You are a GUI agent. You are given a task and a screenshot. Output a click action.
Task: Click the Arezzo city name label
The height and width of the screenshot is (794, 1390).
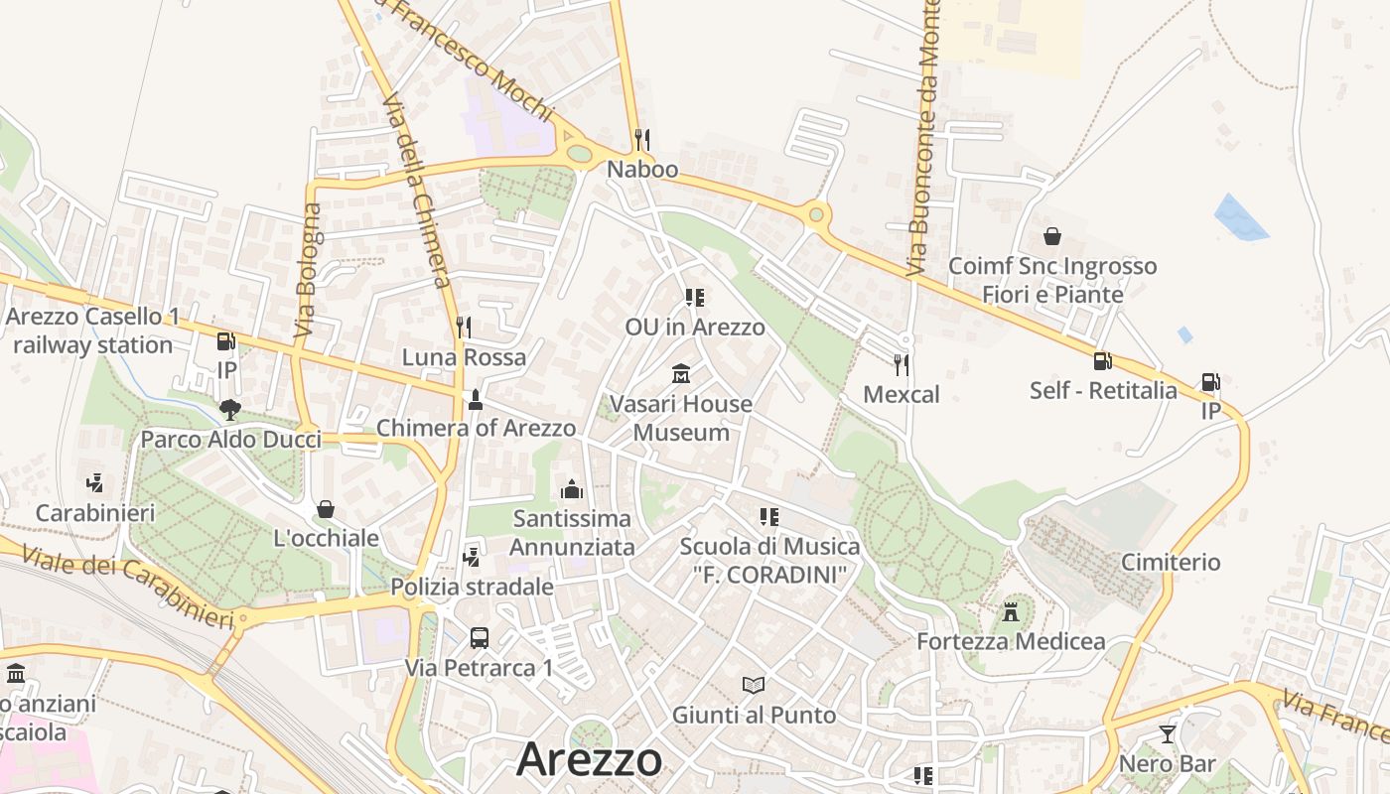[x=589, y=759]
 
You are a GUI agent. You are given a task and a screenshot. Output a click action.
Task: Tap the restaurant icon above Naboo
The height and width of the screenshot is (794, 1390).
[x=642, y=139]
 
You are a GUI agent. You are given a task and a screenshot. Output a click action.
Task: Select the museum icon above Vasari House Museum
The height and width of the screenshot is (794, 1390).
[x=681, y=374]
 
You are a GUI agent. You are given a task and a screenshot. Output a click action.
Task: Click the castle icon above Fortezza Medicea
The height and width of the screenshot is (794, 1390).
[x=1011, y=611]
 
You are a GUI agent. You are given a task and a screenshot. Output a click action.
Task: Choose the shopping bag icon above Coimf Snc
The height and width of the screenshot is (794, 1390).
[x=1052, y=236]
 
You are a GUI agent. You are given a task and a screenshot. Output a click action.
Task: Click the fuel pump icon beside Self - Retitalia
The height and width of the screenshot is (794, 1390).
[x=1102, y=361]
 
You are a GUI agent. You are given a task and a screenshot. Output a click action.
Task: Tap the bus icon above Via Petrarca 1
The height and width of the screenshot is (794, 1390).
[x=479, y=637]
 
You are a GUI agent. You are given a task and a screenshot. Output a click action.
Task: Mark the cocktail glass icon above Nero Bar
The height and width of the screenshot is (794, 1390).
[x=1167, y=734]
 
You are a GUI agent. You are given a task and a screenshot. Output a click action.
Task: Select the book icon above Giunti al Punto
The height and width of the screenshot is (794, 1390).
[x=754, y=685]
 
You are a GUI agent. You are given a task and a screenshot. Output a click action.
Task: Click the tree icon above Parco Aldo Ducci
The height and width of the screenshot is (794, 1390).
[x=230, y=409]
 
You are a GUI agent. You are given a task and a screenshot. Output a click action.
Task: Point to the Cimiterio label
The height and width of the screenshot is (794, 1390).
[x=1171, y=562]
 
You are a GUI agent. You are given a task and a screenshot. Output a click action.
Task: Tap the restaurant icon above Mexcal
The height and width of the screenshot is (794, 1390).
[x=901, y=364]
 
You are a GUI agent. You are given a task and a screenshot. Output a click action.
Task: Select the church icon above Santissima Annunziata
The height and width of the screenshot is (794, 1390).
[x=571, y=488]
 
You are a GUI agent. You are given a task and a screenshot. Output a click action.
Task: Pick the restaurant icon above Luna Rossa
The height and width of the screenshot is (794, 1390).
[x=463, y=327]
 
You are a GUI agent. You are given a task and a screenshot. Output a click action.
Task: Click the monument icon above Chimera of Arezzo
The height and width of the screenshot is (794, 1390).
[x=476, y=399]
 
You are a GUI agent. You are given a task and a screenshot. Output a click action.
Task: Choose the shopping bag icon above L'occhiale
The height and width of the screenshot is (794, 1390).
[x=325, y=509]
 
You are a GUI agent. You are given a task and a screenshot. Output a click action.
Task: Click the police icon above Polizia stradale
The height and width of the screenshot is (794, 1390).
[x=472, y=557]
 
